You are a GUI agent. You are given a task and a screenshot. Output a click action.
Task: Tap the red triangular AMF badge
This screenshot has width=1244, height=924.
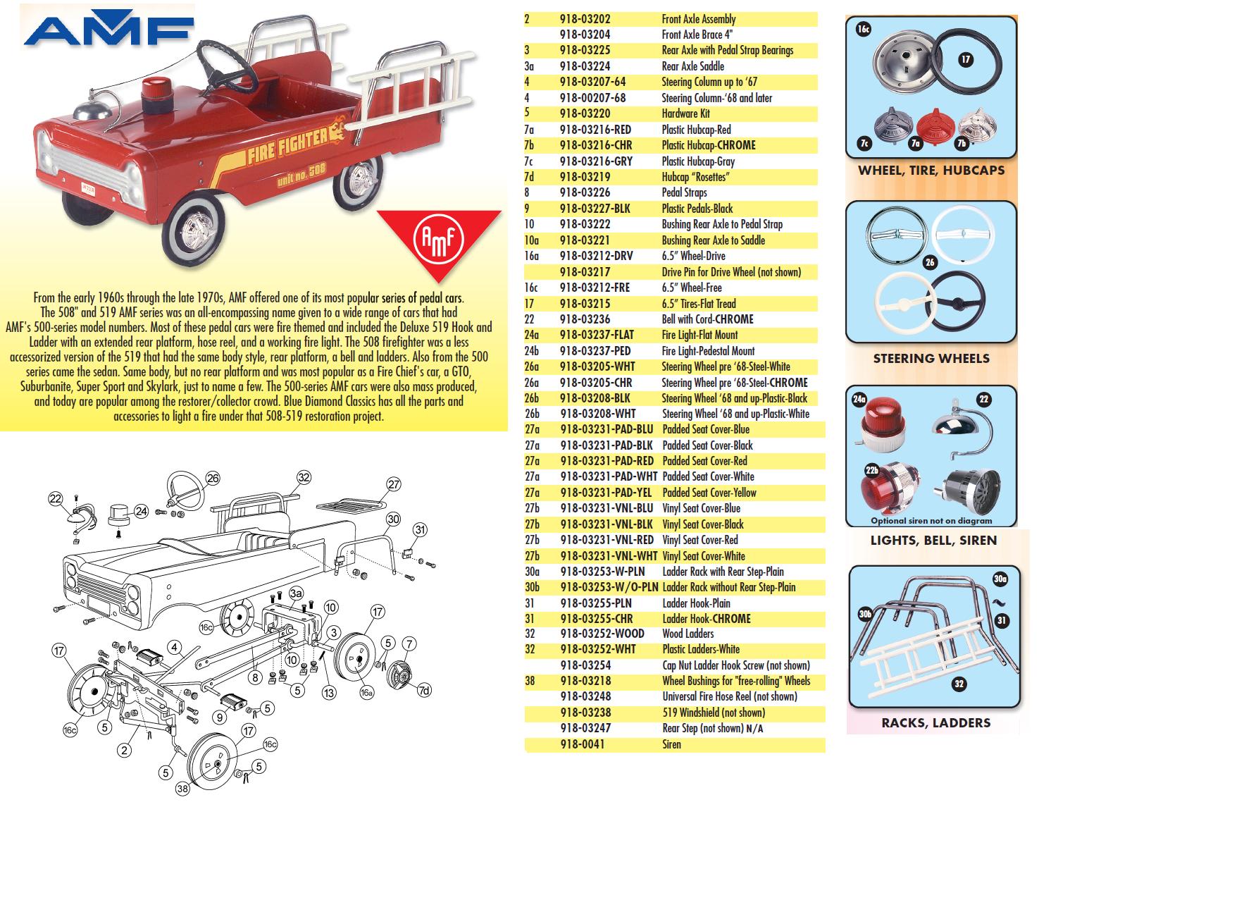[x=438, y=240]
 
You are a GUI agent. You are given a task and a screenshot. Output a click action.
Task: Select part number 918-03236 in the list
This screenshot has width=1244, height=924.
[x=585, y=319]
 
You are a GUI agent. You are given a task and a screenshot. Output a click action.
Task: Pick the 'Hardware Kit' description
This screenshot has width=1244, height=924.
[x=685, y=113]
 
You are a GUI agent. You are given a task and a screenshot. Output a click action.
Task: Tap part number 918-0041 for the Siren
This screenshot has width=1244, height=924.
[x=582, y=744]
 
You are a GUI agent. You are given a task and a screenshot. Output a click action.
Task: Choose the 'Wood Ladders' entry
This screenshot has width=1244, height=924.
[x=688, y=634]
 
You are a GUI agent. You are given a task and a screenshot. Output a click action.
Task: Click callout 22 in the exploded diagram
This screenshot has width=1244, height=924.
[x=56, y=499]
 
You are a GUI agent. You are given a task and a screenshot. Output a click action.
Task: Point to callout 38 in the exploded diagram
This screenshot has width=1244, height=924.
[x=182, y=789]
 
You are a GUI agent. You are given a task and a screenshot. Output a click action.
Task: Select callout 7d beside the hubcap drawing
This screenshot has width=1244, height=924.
[x=423, y=690]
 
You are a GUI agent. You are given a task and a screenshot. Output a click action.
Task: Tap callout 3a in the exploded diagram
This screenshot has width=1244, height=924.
[x=296, y=593]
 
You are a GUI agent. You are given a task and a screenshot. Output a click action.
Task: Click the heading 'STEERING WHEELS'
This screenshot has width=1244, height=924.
[x=931, y=359]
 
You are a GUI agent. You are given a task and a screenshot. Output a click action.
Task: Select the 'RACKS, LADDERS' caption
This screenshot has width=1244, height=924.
[x=935, y=723]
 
